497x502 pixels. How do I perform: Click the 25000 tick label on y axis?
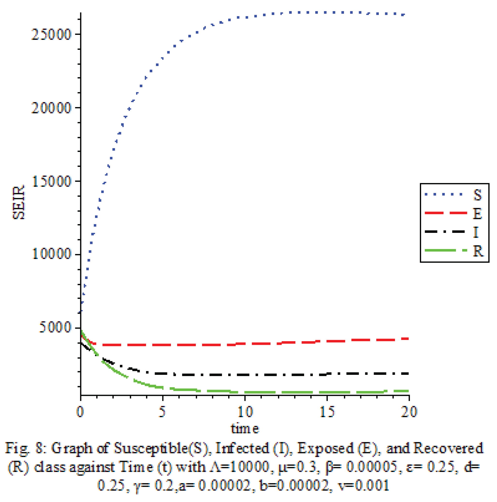pos(51,35)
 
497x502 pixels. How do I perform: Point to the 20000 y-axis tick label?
pos(51,108)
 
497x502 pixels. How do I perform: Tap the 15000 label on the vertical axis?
pos(51,182)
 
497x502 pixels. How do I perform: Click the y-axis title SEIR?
pos(19,202)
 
